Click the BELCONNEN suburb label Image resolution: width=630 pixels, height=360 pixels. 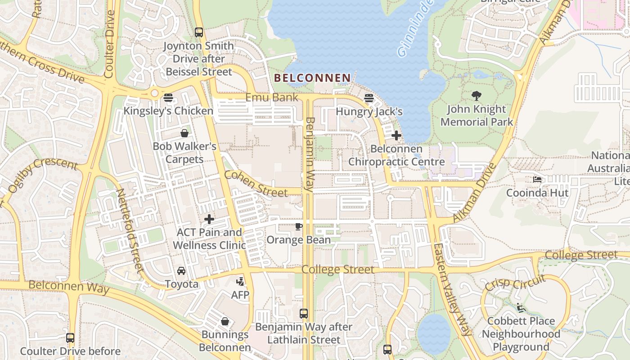(312, 78)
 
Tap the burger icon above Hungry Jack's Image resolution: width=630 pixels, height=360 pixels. (369, 98)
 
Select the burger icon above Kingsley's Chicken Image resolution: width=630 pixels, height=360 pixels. (168, 97)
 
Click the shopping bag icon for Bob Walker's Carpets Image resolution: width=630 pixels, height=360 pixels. (184, 133)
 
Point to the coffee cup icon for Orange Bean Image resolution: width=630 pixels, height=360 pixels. (298, 226)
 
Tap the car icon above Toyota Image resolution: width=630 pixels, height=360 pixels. (181, 270)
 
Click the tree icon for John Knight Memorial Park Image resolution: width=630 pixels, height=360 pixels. (477, 96)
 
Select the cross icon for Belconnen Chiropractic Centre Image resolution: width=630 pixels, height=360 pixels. (396, 135)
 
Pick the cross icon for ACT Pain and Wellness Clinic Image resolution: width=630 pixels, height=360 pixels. (209, 219)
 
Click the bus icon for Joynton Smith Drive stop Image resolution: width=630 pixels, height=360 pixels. (198, 32)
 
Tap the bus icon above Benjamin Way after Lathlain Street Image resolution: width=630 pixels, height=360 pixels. (304, 313)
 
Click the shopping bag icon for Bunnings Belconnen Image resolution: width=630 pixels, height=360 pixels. (225, 321)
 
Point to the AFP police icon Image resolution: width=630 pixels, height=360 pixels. (240, 282)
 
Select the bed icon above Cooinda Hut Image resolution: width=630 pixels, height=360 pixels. (537, 180)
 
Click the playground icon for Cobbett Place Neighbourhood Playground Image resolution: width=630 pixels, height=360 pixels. (521, 308)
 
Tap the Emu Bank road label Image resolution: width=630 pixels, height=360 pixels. (271, 97)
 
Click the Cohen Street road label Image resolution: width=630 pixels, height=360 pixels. (255, 184)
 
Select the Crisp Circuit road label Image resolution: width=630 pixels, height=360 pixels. (515, 282)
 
